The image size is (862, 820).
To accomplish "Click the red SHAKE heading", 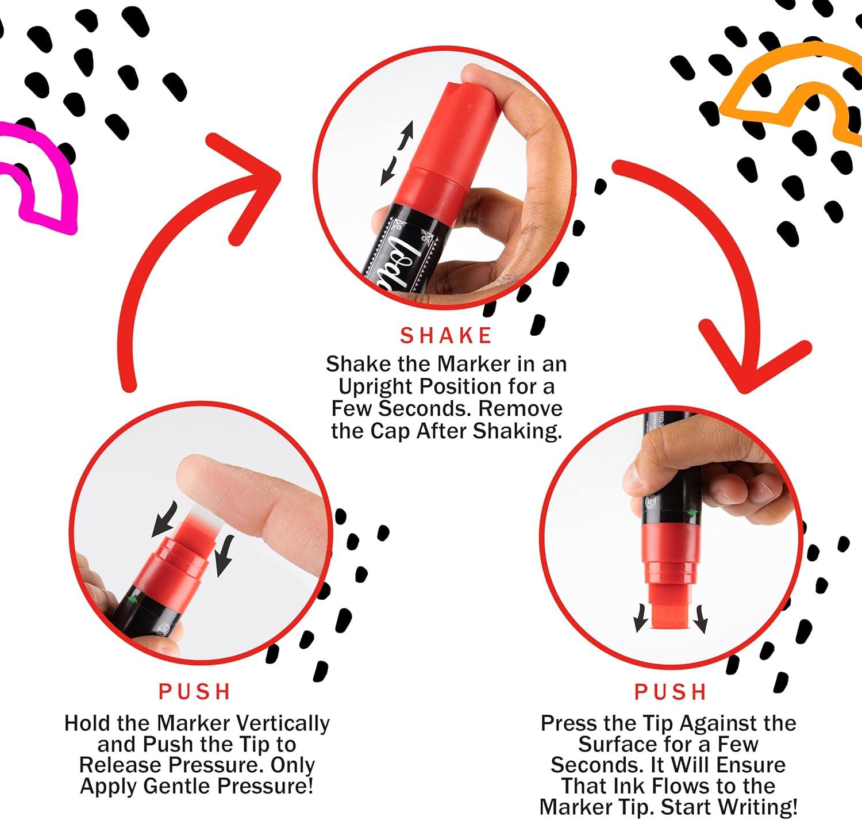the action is point(446,336).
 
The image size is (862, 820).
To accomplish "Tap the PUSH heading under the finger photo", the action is point(195,692).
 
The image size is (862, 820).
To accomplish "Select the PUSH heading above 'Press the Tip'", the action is point(671,692).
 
